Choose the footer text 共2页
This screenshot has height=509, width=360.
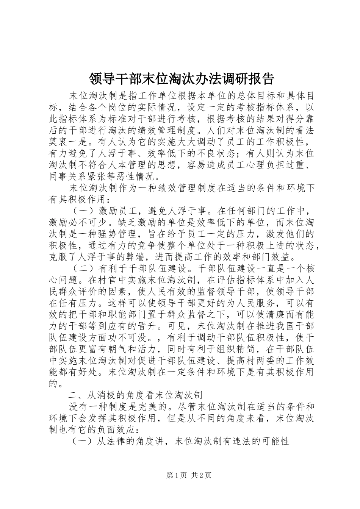[201, 475]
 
